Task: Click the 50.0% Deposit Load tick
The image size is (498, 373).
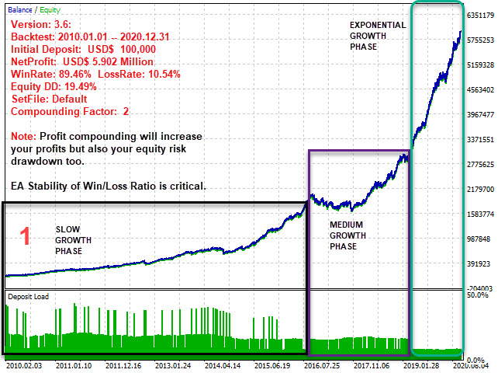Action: (477, 295)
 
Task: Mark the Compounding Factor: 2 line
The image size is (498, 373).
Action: (71, 111)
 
